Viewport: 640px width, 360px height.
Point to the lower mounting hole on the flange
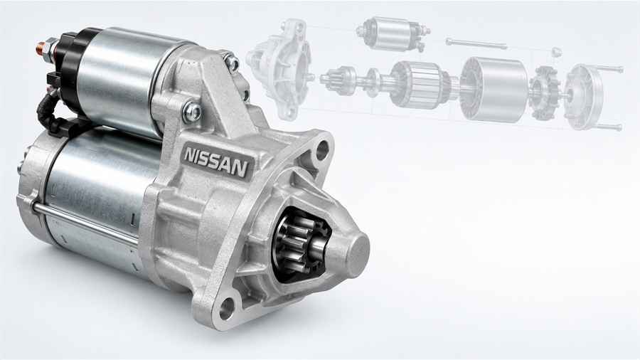tap(227, 308)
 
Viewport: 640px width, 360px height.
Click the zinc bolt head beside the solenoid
tap(192, 112)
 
